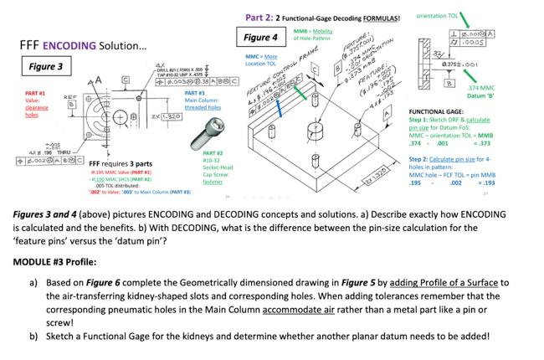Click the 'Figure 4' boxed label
pyautogui.click(x=261, y=38)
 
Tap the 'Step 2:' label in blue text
pyautogui.click(x=419, y=158)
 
